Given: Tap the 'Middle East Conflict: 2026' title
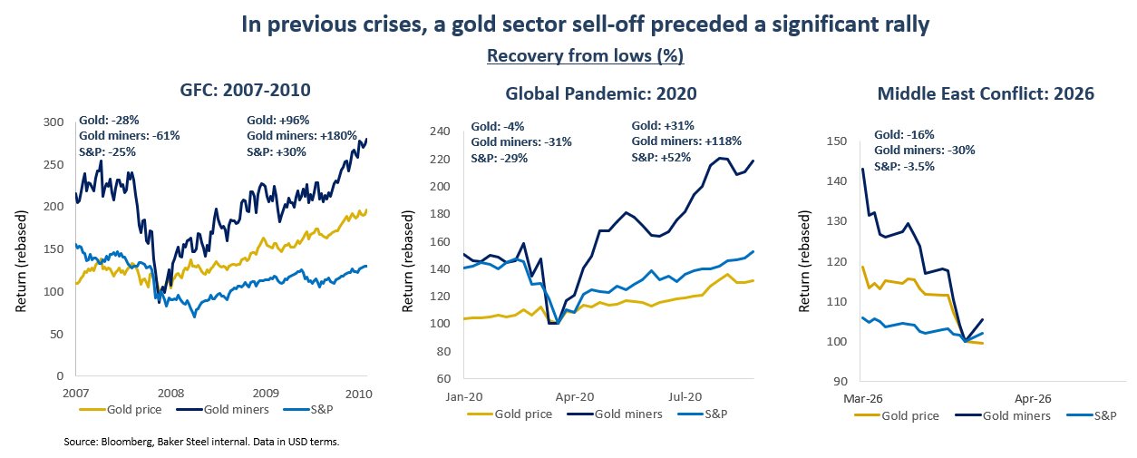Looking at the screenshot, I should point(986,93).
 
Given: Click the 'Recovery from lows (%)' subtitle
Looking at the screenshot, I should point(585,56).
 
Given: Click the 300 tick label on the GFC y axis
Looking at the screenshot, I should point(53,122).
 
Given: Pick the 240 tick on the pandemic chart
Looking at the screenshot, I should point(440,132).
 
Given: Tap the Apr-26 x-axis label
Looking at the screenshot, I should point(1033,397).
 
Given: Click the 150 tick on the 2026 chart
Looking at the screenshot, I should point(836,141).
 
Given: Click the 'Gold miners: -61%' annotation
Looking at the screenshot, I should point(130,136).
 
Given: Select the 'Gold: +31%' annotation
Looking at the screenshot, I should point(665,125).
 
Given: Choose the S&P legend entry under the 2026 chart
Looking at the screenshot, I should point(1099,415).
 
